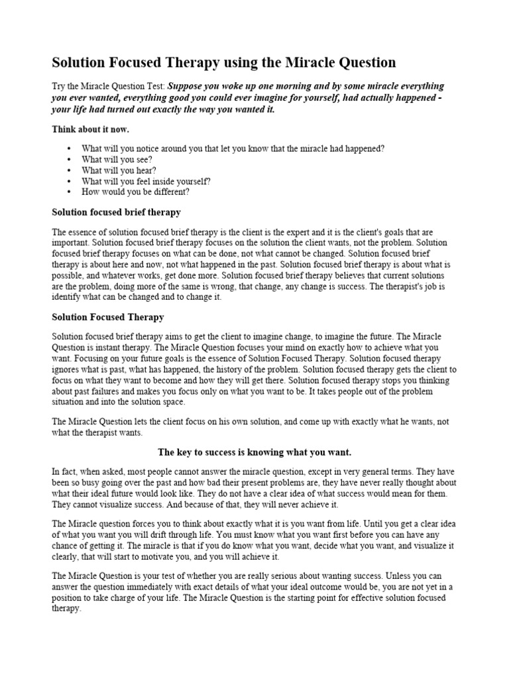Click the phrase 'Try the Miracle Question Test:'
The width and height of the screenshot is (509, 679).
point(109,86)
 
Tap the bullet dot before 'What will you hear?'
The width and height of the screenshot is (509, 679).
point(68,170)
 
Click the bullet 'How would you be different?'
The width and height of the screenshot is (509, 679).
point(135,192)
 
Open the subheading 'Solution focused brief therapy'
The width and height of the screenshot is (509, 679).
point(116,212)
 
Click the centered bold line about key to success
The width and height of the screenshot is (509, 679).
point(254,452)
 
